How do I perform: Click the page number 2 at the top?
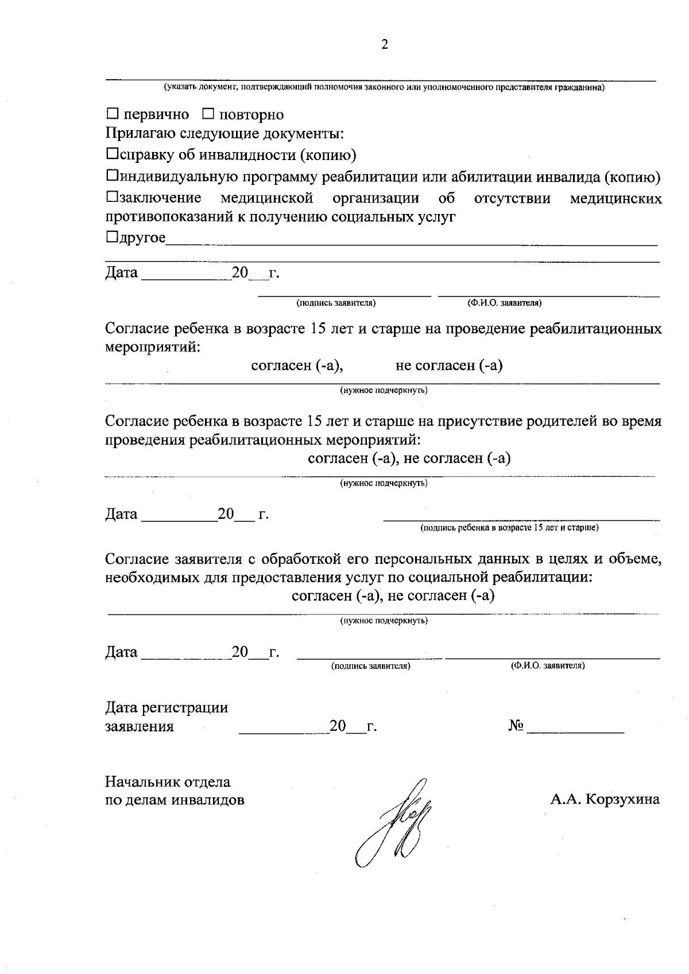(x=384, y=45)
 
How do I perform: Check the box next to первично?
(x=113, y=114)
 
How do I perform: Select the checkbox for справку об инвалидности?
(x=113, y=154)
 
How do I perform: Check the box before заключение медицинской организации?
(x=113, y=198)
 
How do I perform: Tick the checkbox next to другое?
(x=113, y=237)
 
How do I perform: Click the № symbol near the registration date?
(x=516, y=726)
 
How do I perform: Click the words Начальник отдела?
(x=168, y=782)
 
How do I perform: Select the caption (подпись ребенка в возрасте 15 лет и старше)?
(x=509, y=527)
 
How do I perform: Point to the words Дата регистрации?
(x=167, y=708)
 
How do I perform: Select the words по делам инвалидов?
(x=175, y=800)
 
